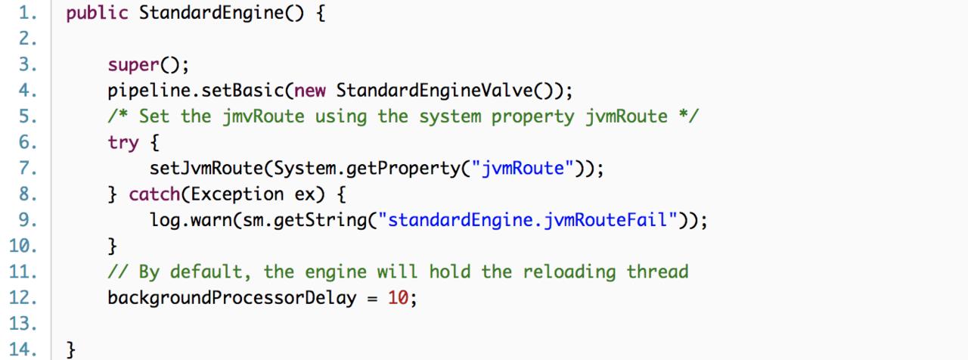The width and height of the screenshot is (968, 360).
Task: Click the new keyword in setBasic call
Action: pos(310,92)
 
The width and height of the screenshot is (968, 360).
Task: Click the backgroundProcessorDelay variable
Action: pos(232,297)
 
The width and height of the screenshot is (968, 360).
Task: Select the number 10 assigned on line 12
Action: pos(399,297)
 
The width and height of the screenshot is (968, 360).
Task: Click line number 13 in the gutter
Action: pos(22,324)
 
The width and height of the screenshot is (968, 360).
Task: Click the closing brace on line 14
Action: pos(72,349)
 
